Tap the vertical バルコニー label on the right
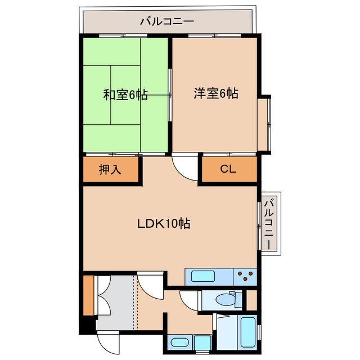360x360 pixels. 269,224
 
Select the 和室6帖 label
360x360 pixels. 125,95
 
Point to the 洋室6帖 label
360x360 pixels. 215,93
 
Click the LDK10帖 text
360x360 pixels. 164,223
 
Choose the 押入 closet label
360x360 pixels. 110,169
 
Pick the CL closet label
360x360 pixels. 228,169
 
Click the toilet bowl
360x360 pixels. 226,300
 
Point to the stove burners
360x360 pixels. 246,276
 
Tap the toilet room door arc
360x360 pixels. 189,300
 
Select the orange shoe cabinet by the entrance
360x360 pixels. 88,296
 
